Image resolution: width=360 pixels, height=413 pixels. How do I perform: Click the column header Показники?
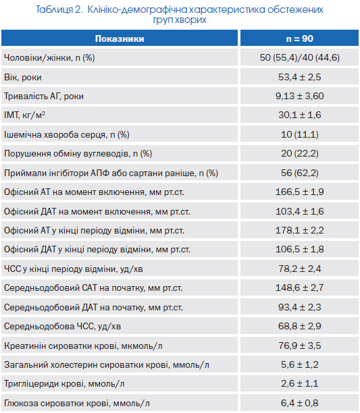(120, 38)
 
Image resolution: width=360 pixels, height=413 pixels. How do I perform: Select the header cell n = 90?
(300, 38)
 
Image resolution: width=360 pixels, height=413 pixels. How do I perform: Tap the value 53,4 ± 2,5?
(300, 77)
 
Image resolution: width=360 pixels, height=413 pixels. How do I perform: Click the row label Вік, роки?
(23, 77)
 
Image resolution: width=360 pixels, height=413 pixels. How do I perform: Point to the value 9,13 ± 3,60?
(300, 96)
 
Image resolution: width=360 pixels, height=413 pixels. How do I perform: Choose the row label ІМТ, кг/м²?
(24, 115)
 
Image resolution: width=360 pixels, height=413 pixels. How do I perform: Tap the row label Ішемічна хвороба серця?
(55, 134)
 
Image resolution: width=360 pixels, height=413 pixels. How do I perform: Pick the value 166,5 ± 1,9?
(300, 192)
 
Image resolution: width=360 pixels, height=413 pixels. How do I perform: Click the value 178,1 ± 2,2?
(300, 230)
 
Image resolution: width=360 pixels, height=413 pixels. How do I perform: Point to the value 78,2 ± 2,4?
(300, 269)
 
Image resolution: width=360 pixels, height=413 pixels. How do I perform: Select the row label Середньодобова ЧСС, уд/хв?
(62, 327)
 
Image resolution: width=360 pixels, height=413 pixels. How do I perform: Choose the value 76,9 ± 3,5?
(300, 346)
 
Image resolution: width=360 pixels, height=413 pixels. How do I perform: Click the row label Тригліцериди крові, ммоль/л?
(64, 384)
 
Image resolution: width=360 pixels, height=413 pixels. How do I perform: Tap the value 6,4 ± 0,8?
(300, 403)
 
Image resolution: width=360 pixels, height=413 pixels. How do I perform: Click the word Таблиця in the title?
(54, 9)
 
